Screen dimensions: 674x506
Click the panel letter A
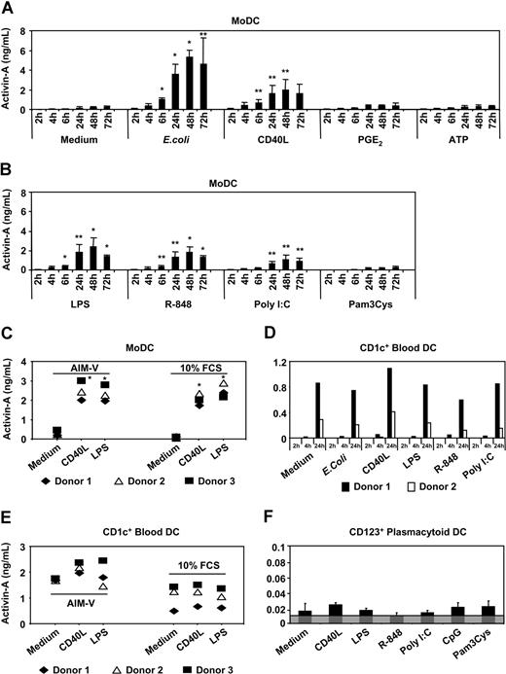(9, 9)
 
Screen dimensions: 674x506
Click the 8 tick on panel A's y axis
(37, 31)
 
